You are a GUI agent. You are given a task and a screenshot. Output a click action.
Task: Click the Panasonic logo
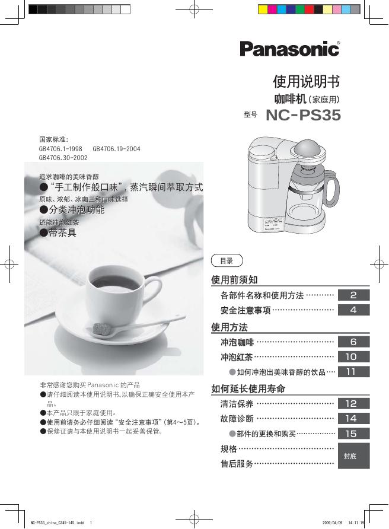coord(289,48)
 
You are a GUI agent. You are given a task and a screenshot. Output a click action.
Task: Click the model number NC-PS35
coord(303,115)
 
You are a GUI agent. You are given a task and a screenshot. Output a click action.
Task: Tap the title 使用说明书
coord(306,81)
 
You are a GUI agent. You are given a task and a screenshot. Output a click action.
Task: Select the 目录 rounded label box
coord(227,260)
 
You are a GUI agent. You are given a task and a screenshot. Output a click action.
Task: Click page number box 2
coord(353,295)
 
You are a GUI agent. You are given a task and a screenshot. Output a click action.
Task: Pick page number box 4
coord(353,310)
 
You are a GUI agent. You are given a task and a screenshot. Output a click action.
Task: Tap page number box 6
coord(353,342)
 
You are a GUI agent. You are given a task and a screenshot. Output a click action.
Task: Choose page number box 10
coord(353,357)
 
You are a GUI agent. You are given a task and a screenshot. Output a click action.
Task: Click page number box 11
coord(353,372)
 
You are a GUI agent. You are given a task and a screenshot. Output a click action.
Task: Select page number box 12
coord(353,403)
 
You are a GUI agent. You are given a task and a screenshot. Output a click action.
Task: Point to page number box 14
coord(353,418)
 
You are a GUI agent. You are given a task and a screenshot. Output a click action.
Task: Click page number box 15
coord(353,434)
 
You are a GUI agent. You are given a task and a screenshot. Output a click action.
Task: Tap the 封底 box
coord(353,455)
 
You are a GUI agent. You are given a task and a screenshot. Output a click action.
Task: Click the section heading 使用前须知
coord(234,279)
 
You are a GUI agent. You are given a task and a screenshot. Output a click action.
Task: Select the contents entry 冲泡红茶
coord(237,357)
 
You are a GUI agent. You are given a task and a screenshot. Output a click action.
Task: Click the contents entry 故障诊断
coord(237,419)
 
